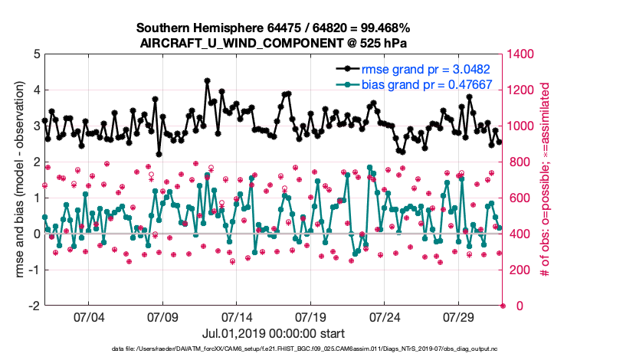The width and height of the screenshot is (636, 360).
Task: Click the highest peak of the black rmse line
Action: [x=207, y=80]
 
